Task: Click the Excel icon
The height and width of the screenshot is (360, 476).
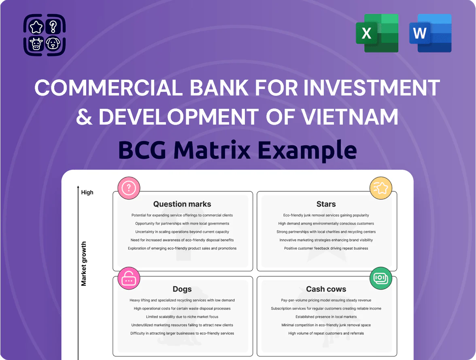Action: [x=377, y=33]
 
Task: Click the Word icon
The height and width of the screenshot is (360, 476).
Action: [x=430, y=33]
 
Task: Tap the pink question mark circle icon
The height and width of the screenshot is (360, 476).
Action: [x=129, y=188]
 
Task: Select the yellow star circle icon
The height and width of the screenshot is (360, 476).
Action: [x=380, y=188]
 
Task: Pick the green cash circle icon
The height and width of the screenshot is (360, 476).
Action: [x=380, y=278]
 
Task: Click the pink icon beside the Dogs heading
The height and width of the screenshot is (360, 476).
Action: [x=129, y=278]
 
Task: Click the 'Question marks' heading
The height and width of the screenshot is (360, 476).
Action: [x=182, y=204]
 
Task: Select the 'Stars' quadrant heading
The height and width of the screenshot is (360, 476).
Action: [x=326, y=204]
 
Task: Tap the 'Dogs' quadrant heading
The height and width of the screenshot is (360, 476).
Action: [x=182, y=289]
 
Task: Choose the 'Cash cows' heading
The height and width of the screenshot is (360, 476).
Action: [x=326, y=289]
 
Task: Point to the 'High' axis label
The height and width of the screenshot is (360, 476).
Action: [x=87, y=192]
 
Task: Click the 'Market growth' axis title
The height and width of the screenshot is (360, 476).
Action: [x=84, y=264]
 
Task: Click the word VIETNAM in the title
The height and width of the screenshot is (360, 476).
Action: [x=349, y=117]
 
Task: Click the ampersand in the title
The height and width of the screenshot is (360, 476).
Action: [x=84, y=117]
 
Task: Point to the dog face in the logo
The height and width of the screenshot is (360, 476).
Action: [x=53, y=44]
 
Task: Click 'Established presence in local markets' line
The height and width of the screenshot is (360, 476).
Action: [x=326, y=317]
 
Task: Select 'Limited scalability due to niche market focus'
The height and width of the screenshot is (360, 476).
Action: [x=182, y=317]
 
